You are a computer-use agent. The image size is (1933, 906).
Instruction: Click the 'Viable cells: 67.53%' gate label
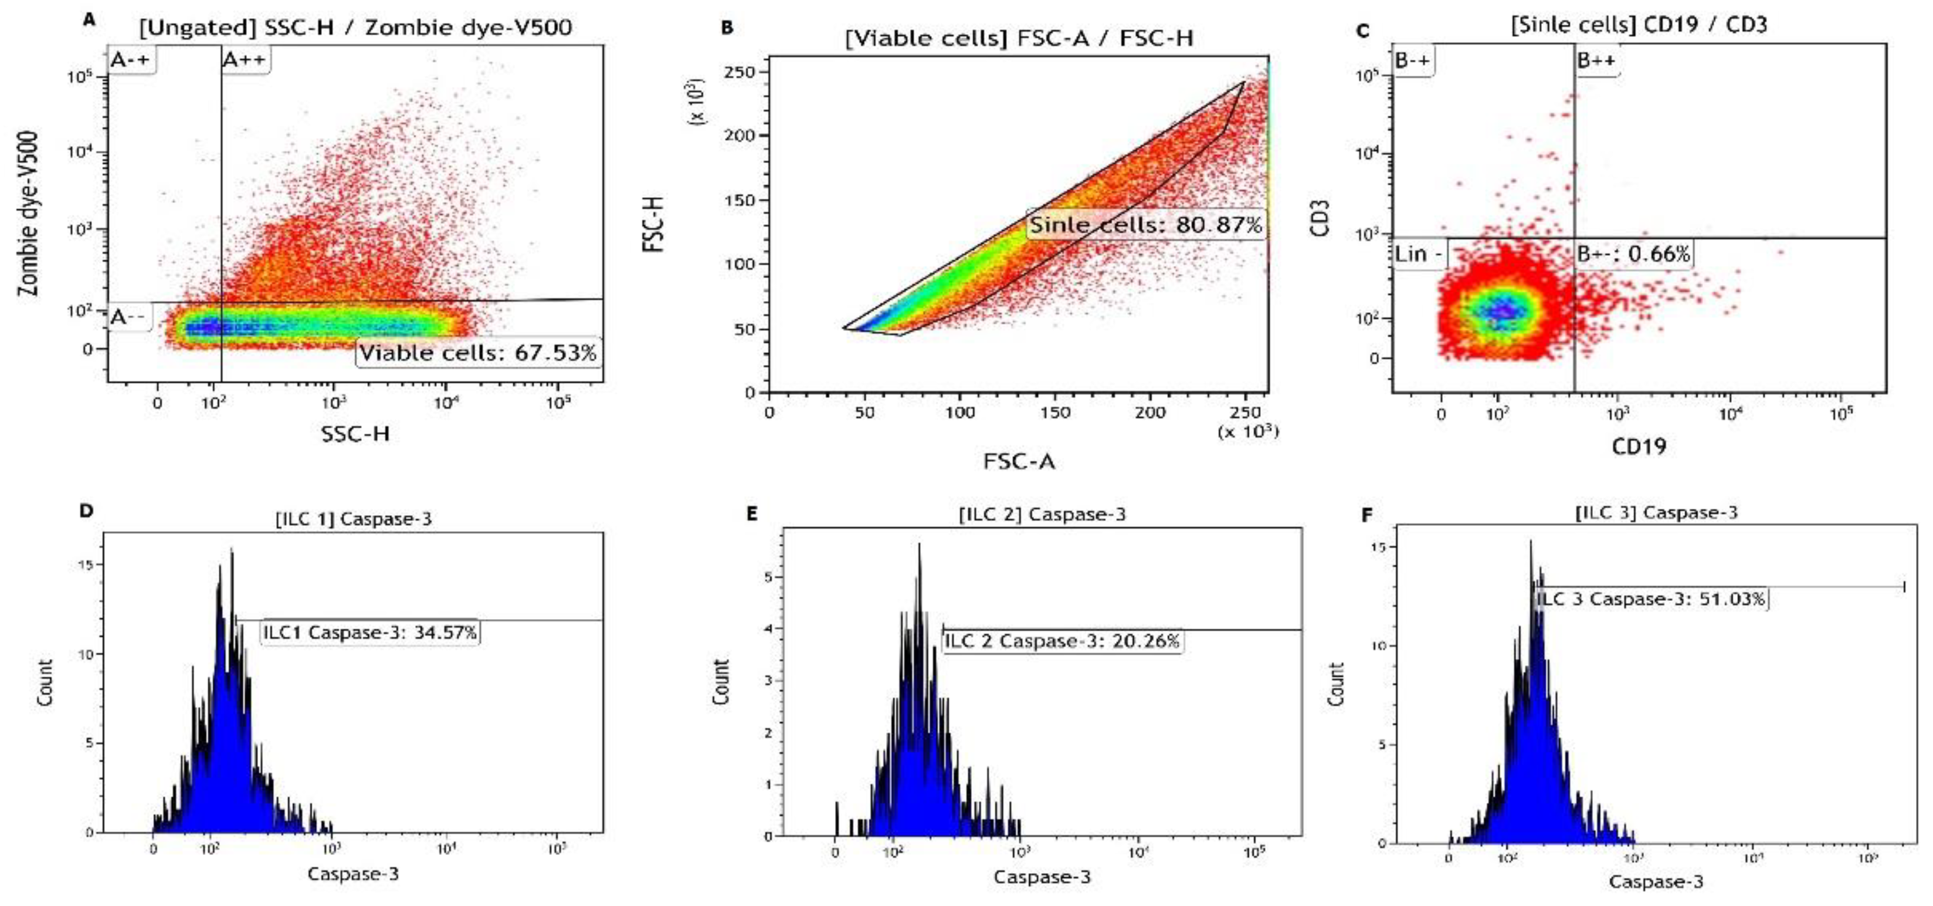(x=477, y=353)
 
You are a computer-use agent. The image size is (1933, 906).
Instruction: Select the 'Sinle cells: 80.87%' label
(x=1145, y=224)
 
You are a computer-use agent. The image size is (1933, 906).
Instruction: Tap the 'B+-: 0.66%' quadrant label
(x=1633, y=255)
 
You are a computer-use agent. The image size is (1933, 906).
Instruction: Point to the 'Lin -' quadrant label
(x=1417, y=255)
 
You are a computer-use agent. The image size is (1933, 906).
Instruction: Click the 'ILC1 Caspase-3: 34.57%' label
(x=370, y=633)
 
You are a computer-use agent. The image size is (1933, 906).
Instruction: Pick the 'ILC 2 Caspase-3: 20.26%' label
(x=1062, y=641)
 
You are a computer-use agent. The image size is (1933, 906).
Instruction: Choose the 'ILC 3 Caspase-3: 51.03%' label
(x=1650, y=599)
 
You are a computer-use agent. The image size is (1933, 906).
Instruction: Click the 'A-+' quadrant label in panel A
(x=131, y=60)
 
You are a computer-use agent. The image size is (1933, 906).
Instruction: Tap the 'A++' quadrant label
(x=245, y=60)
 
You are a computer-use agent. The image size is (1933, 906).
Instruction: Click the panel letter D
(x=87, y=511)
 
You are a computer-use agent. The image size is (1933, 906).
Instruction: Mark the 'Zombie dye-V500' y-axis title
(x=29, y=214)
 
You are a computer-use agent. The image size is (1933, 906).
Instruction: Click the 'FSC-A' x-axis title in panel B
(x=1019, y=461)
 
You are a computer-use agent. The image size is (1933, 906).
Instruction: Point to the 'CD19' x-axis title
(x=1639, y=447)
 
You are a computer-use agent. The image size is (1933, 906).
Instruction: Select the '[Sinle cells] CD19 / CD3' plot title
(x=1639, y=25)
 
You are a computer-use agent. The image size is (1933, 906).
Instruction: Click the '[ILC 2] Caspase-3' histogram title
(x=1042, y=514)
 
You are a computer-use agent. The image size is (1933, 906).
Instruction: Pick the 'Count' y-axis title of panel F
(x=1336, y=684)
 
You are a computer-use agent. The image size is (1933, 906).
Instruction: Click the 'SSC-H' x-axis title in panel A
(x=355, y=434)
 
